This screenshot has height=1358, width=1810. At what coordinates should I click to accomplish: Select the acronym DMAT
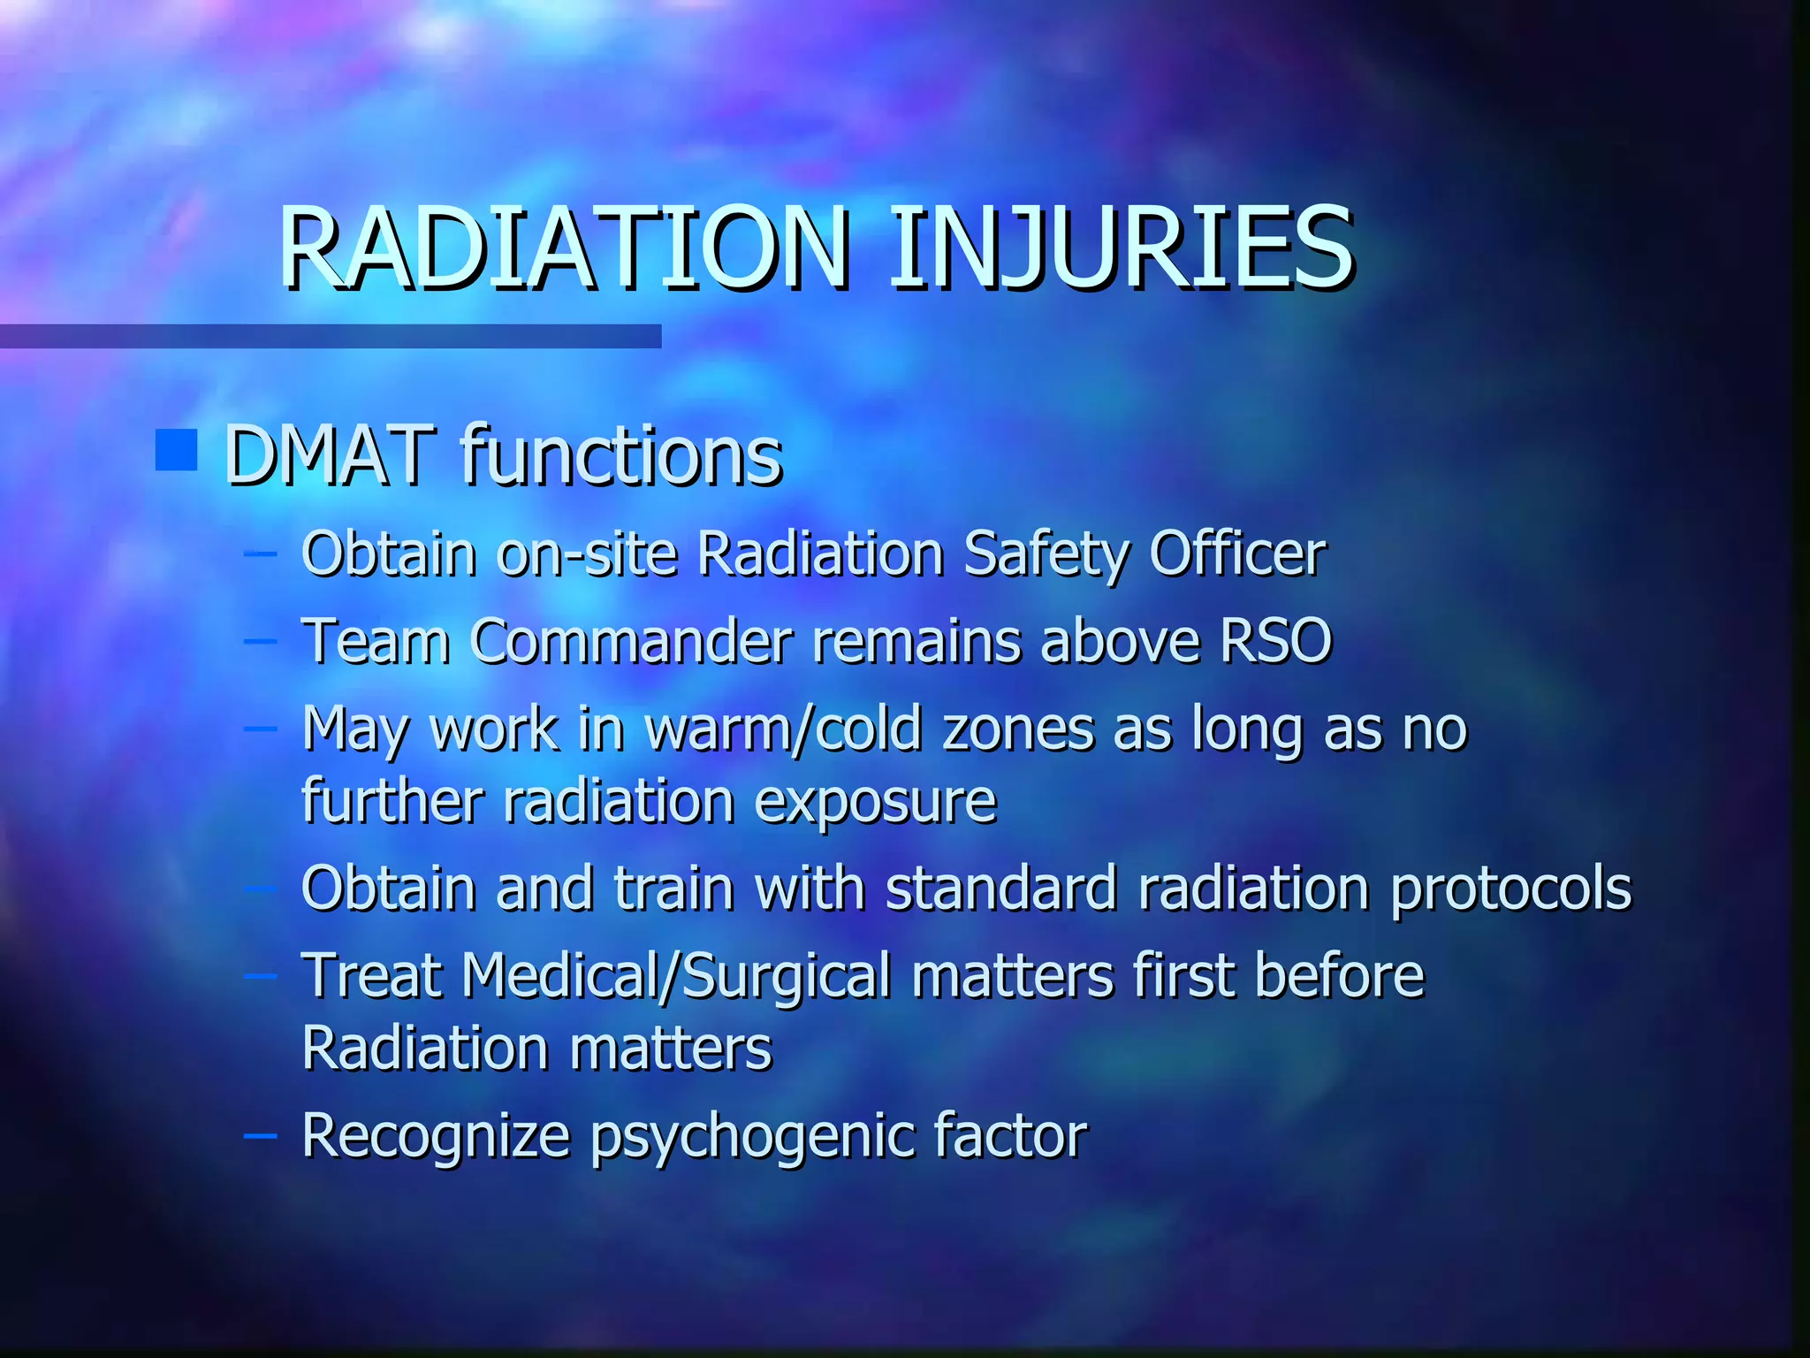330,456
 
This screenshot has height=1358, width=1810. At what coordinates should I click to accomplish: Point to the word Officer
1236,554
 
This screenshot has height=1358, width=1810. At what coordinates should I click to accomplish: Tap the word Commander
631,640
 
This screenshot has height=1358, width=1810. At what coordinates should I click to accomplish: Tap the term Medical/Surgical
676,977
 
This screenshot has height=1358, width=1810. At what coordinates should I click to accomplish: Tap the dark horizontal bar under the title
331,336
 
